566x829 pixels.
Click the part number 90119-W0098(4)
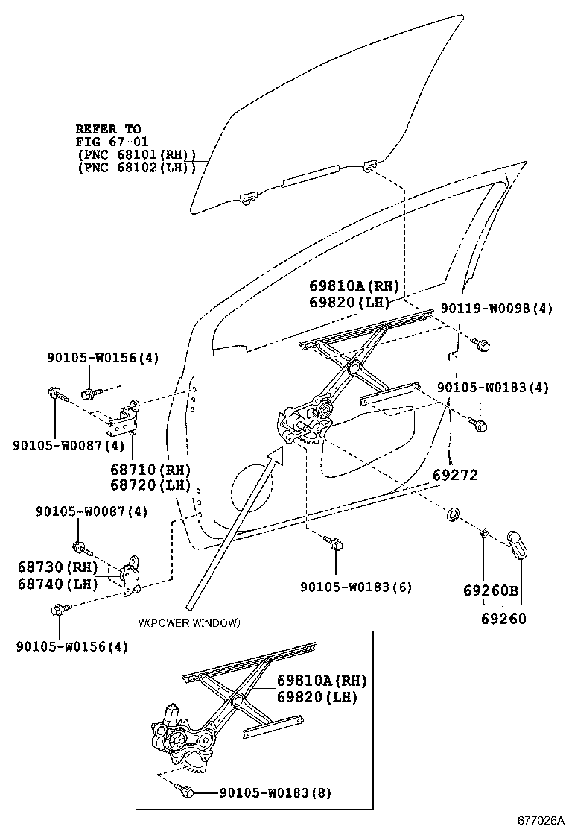tap(496, 309)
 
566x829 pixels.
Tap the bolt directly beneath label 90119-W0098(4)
tap(480, 344)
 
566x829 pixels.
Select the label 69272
tap(455, 476)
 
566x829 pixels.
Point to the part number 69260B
tap(491, 590)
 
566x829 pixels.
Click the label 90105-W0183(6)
tap(356, 587)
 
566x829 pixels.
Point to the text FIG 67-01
tap(109, 141)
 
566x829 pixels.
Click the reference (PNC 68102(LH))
tap(136, 168)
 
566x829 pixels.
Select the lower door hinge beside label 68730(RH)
tap(133, 576)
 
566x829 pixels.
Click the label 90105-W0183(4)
tap(492, 388)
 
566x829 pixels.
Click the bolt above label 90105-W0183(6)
tap(334, 545)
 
